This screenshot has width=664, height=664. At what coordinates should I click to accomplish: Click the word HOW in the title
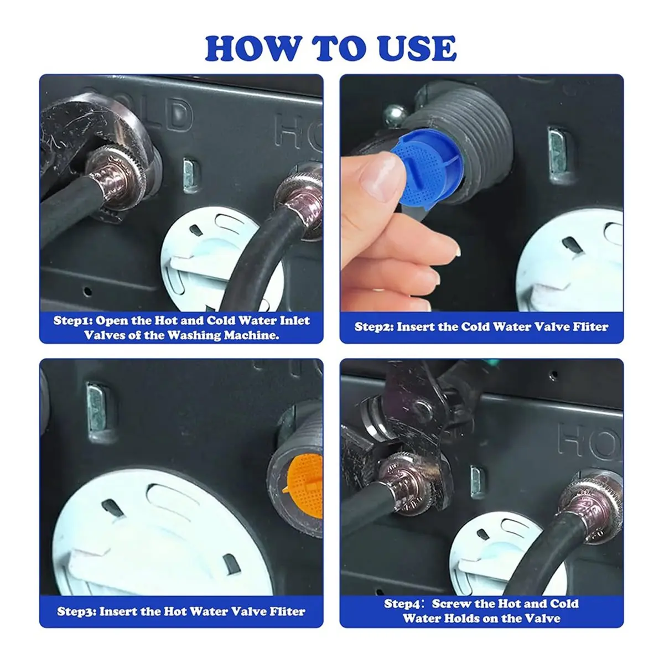click(x=251, y=48)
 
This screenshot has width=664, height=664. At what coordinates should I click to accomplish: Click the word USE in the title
click(x=419, y=48)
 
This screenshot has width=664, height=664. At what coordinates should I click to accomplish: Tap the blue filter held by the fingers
click(x=427, y=168)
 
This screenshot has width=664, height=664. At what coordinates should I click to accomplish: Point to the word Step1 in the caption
click(x=72, y=321)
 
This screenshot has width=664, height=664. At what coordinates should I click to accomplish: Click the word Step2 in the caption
click(x=374, y=326)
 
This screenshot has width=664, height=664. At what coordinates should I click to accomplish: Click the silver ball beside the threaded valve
click(x=395, y=115)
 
